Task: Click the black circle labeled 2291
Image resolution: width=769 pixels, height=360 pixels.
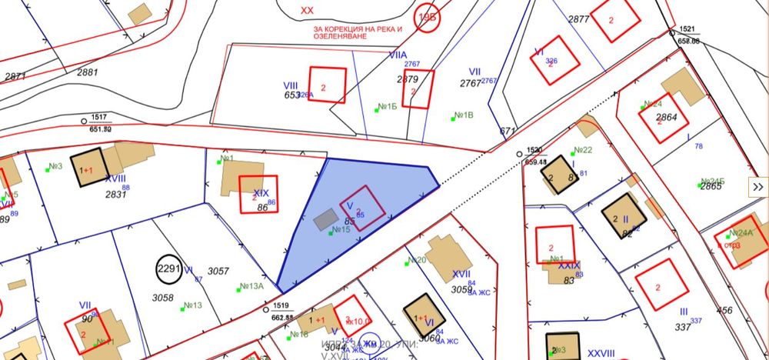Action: [168, 268]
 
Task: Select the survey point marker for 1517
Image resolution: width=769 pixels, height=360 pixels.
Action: [85, 120]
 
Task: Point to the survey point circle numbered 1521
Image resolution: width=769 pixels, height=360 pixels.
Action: [672, 34]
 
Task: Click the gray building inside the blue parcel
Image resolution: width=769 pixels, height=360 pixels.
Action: [325, 218]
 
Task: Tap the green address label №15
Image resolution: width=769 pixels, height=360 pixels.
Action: [340, 229]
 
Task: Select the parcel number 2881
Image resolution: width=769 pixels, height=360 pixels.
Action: [88, 72]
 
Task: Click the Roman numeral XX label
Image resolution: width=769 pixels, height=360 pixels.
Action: [307, 10]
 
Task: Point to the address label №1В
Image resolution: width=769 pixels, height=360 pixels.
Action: [463, 115]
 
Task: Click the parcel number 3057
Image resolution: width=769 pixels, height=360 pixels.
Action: [219, 271]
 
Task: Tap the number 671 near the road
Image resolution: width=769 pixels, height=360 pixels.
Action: [507, 132]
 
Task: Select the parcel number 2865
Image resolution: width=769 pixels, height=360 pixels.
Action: [711, 186]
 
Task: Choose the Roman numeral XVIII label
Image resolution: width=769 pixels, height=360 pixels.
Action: [115, 178]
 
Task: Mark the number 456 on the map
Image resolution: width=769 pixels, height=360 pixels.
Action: [724, 310]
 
